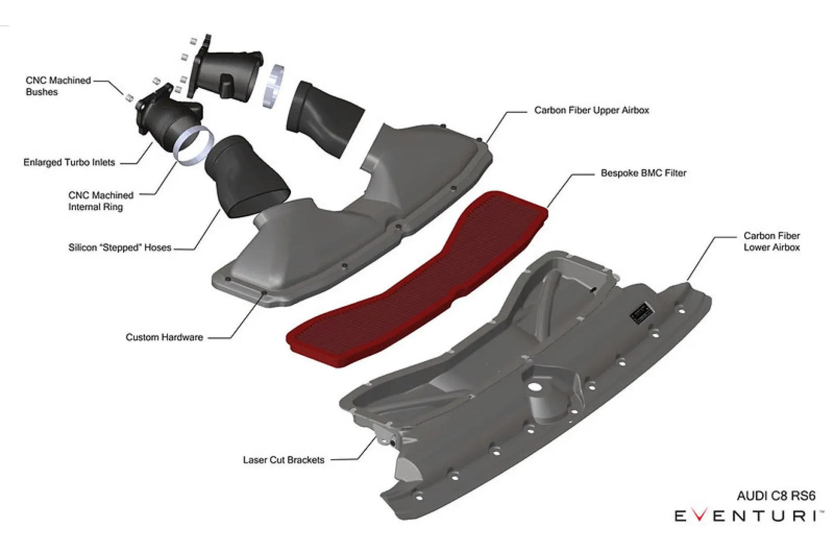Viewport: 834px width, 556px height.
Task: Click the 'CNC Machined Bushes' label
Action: (58, 86)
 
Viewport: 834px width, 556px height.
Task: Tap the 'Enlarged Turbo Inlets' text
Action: (69, 162)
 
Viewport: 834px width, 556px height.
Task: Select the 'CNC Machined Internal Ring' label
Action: (101, 201)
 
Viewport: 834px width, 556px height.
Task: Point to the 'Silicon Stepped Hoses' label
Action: (120, 247)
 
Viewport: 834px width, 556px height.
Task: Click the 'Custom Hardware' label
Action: (164, 337)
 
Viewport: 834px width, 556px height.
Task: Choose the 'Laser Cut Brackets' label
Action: (283, 460)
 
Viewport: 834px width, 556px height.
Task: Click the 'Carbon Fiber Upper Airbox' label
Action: (591, 110)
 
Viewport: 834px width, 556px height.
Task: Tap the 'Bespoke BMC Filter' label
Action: (643, 173)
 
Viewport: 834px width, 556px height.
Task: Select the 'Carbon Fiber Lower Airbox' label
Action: (771, 241)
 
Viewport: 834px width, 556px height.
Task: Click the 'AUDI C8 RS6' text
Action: (776, 496)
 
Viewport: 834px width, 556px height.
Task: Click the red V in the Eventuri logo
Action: (700, 516)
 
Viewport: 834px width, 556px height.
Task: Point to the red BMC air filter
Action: (418, 280)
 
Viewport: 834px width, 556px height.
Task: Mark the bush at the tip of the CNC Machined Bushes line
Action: (129, 97)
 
